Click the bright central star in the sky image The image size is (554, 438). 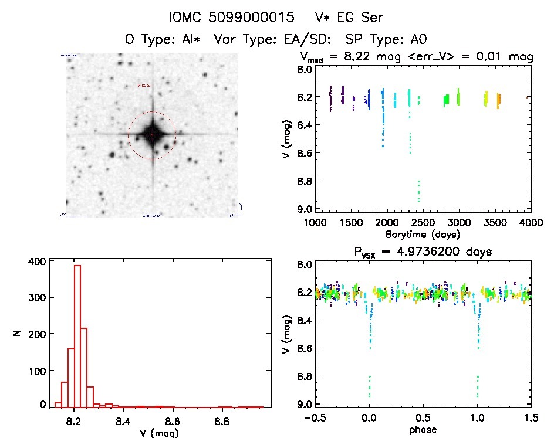pyautogui.click(x=152, y=135)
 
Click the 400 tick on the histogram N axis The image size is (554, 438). pyautogui.click(x=36, y=262)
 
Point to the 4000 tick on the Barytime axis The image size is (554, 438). pyautogui.click(x=530, y=223)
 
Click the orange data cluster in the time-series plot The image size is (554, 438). pyautogui.click(x=498, y=101)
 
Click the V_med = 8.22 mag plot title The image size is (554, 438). pyautogui.click(x=416, y=57)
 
